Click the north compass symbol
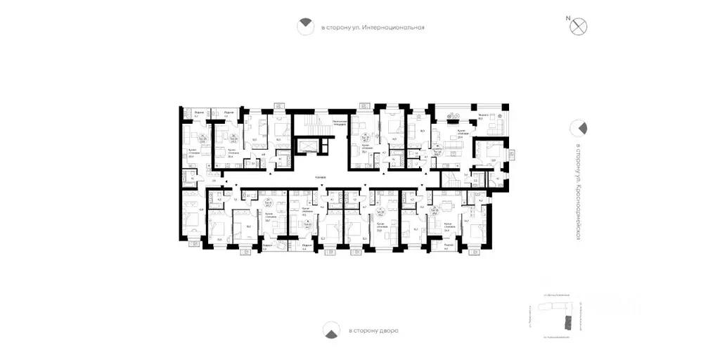[580, 26]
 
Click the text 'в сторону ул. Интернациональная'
[373, 27]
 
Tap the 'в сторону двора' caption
[373, 330]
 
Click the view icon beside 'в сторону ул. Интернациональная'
[305, 27]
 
